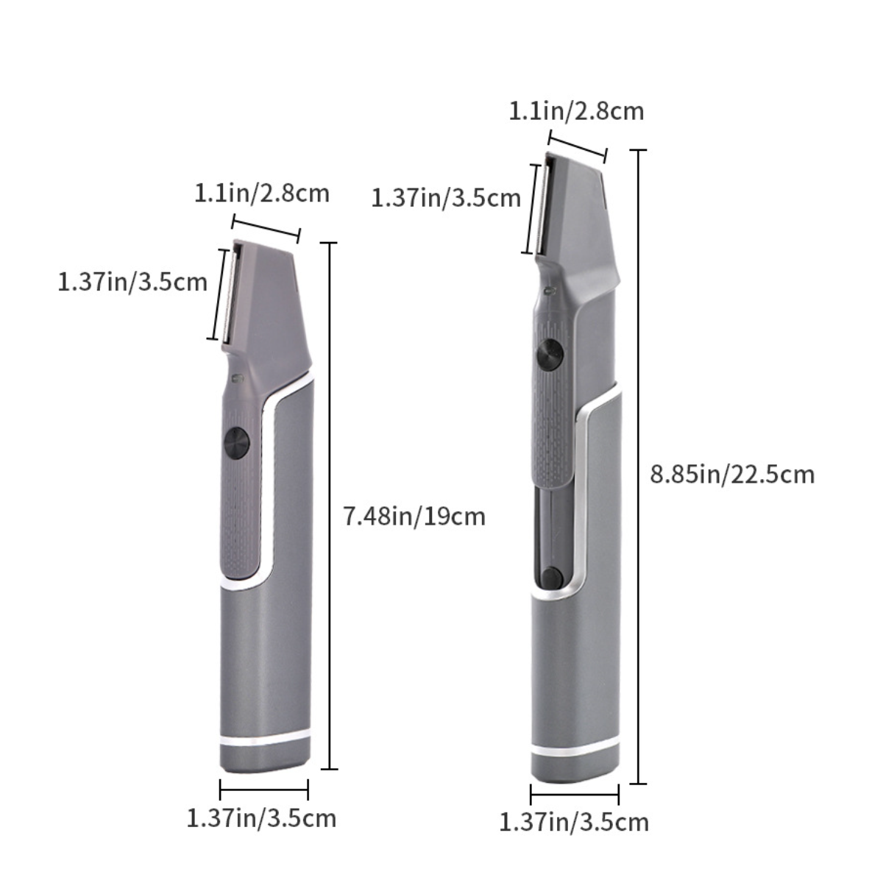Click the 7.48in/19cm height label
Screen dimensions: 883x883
[414, 517]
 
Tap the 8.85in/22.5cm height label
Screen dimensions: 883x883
[732, 475]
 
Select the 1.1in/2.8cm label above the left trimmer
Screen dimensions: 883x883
[262, 194]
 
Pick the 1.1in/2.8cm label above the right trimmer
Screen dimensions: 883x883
[576, 111]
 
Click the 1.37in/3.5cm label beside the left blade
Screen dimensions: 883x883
[132, 281]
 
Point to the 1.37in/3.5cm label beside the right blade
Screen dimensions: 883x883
[446, 199]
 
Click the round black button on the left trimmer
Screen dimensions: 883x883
[237, 444]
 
